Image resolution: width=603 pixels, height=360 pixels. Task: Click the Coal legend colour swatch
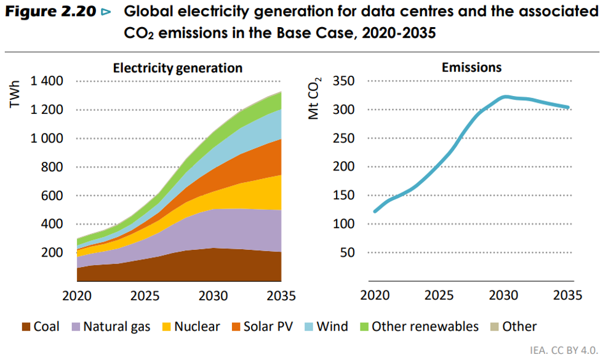pos(25,327)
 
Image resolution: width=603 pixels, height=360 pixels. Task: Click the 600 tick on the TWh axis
pos(53,196)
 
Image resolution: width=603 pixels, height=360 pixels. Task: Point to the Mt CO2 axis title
pos(316,98)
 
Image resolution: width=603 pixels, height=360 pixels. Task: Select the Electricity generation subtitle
pos(177,68)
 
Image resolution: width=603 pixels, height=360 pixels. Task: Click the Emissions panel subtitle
pos(471,68)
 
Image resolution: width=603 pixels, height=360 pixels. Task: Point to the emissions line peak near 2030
pos(506,97)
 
